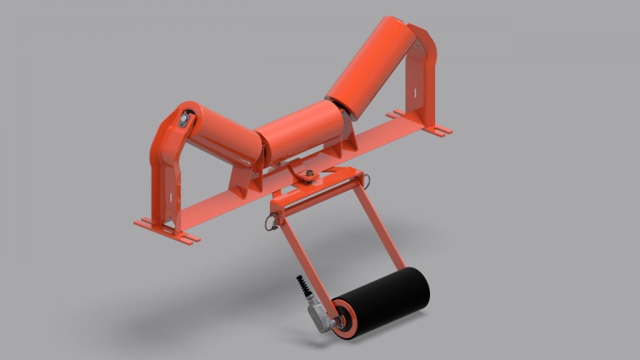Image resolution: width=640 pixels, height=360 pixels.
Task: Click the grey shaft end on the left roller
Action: (x=184, y=120)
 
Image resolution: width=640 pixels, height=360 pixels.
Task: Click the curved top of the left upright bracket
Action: (x=171, y=121)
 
